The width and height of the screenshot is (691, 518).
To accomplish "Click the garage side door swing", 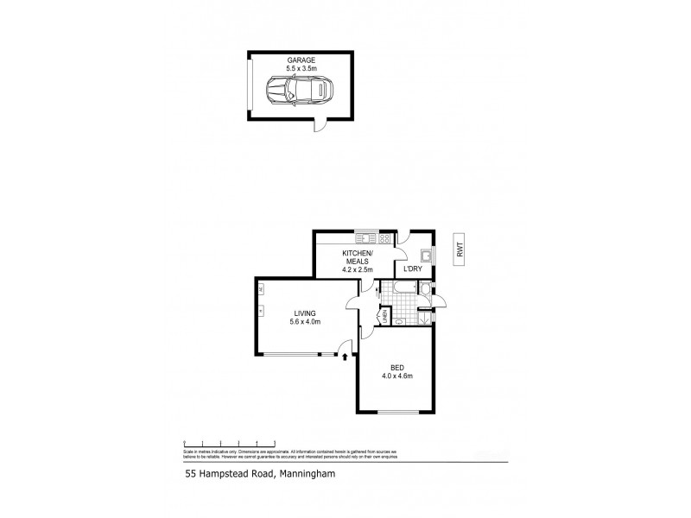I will tap(321, 127).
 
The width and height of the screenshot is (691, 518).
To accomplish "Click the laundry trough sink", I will tap(425, 255).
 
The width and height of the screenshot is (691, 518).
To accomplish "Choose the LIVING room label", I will tap(304, 313).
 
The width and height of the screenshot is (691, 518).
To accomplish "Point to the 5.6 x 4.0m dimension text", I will tap(304, 323).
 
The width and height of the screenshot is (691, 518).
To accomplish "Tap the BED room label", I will tap(397, 366).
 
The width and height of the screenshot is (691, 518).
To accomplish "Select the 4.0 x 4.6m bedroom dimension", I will tap(397, 376).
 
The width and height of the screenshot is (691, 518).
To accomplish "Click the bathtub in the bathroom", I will tap(405, 287).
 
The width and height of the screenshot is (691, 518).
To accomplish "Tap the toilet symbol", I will tap(399, 320).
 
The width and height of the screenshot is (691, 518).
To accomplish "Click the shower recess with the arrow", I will tap(424, 317).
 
